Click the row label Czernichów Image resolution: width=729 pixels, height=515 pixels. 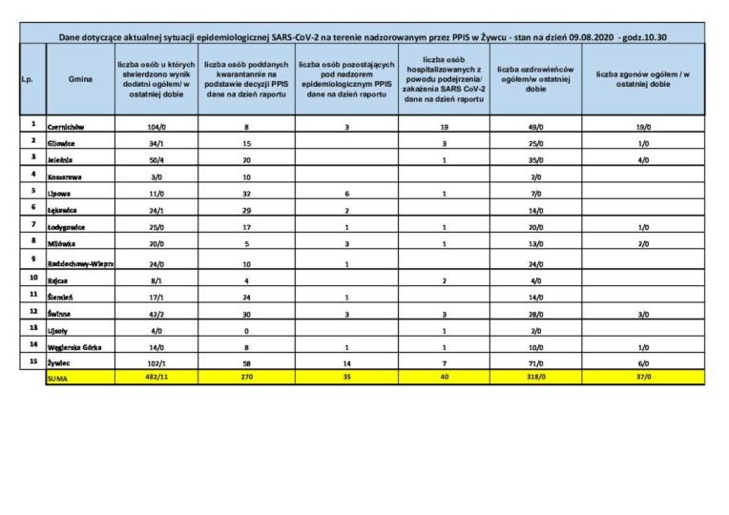point(68,127)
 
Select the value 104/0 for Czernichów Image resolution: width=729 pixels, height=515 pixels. point(156,126)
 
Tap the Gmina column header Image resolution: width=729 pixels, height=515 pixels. point(80,79)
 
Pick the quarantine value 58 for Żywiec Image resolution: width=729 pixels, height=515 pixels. point(247,364)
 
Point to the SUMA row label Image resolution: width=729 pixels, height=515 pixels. point(58,379)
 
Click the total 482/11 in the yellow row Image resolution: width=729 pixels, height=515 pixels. point(156,379)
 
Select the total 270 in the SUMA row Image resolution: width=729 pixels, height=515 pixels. point(247,379)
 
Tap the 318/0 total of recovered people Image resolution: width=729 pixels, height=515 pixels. point(536,379)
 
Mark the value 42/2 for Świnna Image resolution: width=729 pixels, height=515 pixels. point(156,312)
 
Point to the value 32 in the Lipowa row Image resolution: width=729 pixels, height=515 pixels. point(247,194)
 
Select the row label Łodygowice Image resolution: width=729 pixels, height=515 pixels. point(69,228)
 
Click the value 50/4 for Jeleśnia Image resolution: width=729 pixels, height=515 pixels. point(156,160)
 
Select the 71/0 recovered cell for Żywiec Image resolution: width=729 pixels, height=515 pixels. point(536,364)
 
